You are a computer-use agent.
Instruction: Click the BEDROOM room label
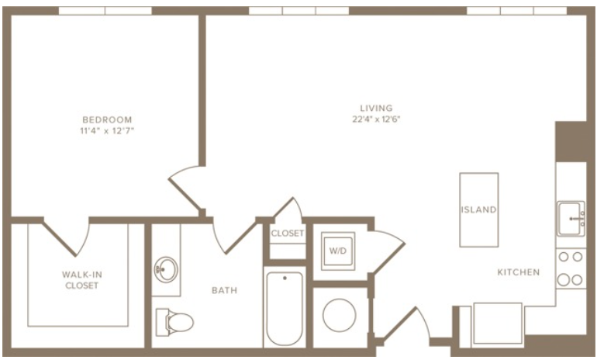point(107,119)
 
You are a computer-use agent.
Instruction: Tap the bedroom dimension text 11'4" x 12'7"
point(107,131)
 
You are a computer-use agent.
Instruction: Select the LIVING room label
point(376,108)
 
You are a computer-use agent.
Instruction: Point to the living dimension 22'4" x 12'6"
point(376,119)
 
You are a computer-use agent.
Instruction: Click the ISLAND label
point(479,209)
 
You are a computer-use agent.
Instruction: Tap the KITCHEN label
point(519,272)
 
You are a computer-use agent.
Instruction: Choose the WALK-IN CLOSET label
point(82,280)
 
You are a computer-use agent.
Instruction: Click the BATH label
point(224,290)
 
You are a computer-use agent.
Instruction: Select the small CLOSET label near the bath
point(288,233)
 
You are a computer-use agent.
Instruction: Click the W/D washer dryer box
point(338,251)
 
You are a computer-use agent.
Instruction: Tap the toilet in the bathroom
point(174,322)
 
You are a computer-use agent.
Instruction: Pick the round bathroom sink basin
point(166,269)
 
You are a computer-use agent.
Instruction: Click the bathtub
point(285,309)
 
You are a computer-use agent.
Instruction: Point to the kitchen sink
point(571,219)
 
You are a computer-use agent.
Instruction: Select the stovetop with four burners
point(571,268)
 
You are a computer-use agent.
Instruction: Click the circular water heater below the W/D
point(340,316)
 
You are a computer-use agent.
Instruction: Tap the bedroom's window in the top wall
point(105,11)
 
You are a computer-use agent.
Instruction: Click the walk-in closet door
point(66,236)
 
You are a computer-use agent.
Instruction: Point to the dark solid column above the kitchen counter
point(571,142)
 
